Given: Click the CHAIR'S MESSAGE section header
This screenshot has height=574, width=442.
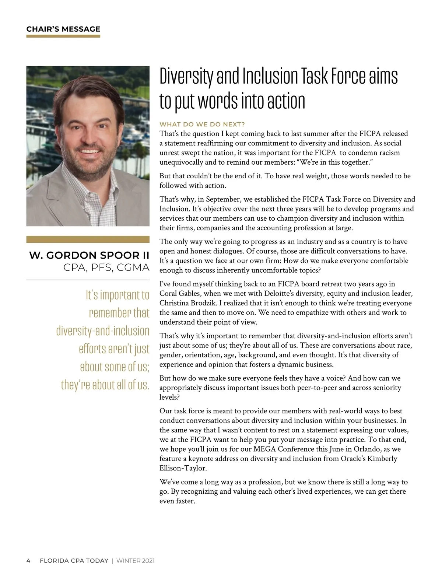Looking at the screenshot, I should (63, 29).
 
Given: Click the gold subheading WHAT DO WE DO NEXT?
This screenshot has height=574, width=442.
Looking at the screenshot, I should (202, 125).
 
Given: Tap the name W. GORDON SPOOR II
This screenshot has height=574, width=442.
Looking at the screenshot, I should (89, 255).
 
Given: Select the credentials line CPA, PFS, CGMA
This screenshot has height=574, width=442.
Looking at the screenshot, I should (106, 267).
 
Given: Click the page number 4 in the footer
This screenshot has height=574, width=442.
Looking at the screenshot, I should (28, 561).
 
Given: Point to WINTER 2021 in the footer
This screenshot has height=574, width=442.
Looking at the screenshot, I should (135, 561).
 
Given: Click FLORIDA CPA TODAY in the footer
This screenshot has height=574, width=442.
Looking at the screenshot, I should (74, 561).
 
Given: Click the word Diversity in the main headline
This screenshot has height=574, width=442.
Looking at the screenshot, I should (186, 77).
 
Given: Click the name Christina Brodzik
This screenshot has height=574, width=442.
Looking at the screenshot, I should (188, 303).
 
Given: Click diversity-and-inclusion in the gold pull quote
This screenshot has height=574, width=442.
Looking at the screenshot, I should (103, 330).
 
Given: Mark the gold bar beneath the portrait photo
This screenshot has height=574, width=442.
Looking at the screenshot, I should (88, 239).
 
